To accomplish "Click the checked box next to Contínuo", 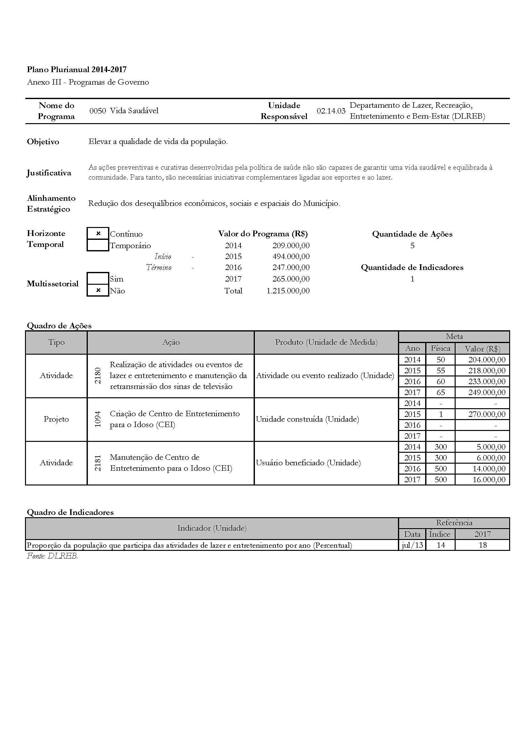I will coord(98,233).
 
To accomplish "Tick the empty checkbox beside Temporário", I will coord(98,245).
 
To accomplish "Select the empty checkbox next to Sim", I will coord(98,279).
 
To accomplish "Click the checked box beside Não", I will coord(98,291).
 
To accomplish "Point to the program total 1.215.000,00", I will coord(288,291).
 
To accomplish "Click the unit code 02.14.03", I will coord(331,111).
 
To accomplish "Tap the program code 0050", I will coord(98,111).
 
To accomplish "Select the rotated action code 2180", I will coord(98,375).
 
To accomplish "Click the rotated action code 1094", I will coord(98,419).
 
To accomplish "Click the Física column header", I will coord(441,348).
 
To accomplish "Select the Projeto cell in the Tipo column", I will coord(56,419).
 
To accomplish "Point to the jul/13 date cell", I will coord(412,545).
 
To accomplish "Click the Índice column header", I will coord(440,534).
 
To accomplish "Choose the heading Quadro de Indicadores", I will coord(70,512).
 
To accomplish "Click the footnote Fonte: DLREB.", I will coord(52,556).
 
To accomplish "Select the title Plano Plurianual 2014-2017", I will coord(77,69).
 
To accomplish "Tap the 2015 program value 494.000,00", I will coord(291,257).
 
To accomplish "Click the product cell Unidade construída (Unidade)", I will coord(307,419).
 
